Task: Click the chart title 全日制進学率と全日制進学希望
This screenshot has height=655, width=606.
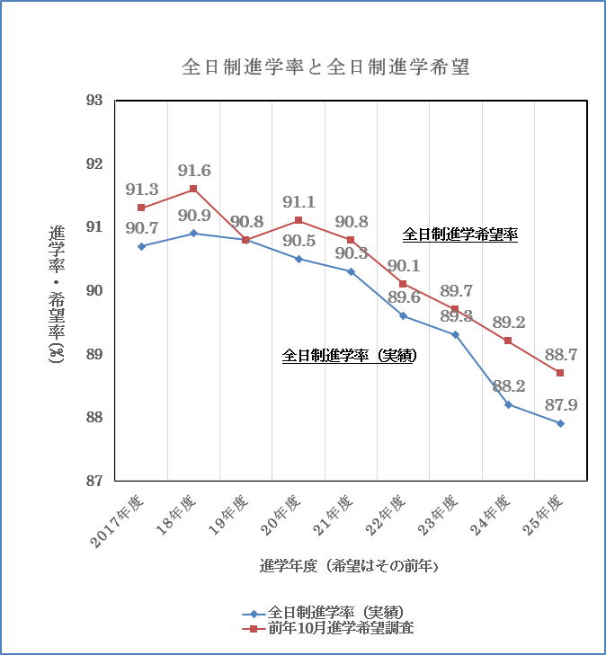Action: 326,67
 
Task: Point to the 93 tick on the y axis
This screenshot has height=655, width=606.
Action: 94,101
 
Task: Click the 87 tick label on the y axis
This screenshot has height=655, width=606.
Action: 94,482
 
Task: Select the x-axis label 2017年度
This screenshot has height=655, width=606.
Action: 118,521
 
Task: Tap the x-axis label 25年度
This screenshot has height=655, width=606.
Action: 543,515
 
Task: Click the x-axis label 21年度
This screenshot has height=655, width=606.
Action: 333,515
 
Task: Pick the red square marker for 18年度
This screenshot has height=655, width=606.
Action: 193,189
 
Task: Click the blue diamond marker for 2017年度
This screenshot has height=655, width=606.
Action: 141,246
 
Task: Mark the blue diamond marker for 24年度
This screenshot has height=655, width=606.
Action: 508,405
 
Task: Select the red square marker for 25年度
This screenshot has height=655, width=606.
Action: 560,373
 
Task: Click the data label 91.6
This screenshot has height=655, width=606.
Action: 194,171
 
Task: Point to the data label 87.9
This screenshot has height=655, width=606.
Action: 561,405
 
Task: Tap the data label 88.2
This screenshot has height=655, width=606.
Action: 509,386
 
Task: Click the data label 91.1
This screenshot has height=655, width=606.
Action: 299,202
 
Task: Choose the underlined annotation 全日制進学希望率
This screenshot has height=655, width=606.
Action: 460,235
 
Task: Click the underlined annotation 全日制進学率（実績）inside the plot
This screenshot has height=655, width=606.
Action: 350,356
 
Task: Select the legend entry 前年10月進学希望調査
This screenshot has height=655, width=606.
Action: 328,628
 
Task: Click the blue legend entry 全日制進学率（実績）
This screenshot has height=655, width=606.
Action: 323,613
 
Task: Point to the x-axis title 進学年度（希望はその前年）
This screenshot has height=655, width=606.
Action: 349,566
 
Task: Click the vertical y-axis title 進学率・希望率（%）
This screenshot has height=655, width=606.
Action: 57,295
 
